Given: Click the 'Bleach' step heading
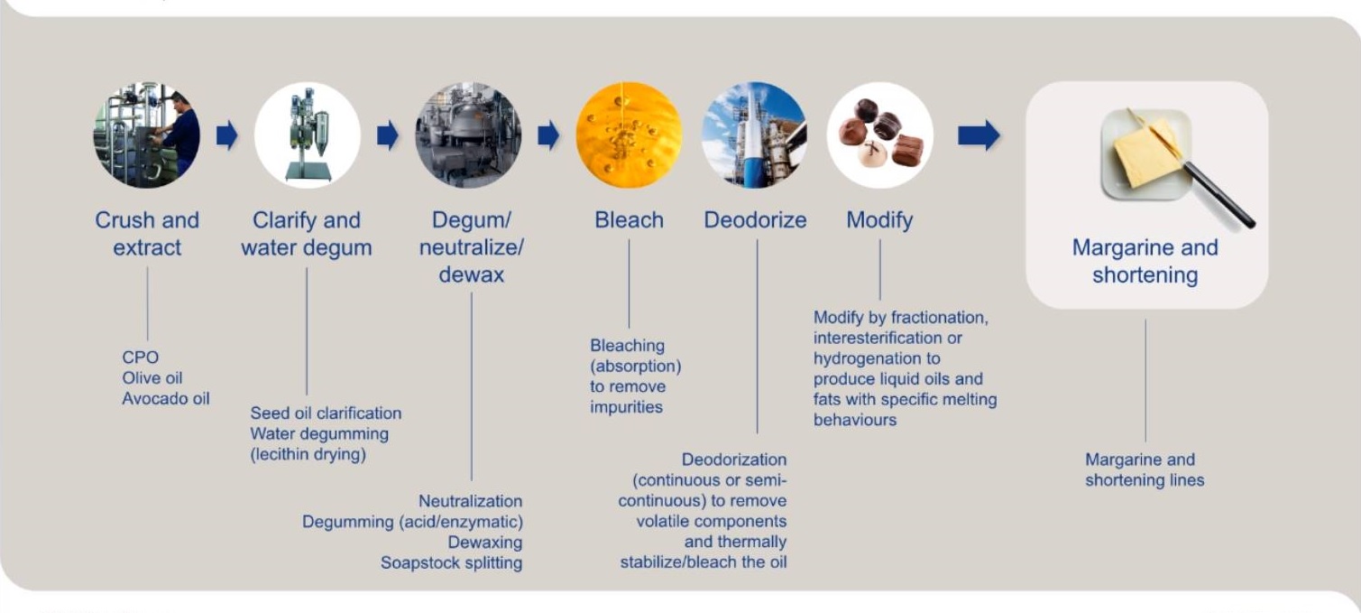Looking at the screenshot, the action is pyautogui.click(x=629, y=220).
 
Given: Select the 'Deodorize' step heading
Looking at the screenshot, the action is pyautogui.click(x=755, y=220).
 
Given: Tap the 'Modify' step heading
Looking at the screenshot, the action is pyautogui.click(x=879, y=221).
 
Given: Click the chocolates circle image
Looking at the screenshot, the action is pyautogui.click(x=879, y=135).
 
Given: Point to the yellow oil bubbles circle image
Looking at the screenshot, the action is pyautogui.click(x=629, y=135).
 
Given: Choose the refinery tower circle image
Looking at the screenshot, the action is pyautogui.click(x=755, y=135).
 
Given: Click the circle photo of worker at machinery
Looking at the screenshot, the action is pyautogui.click(x=146, y=135).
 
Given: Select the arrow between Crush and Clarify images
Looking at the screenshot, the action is pyautogui.click(x=226, y=135).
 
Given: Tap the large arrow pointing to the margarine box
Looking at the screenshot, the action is pyautogui.click(x=979, y=135).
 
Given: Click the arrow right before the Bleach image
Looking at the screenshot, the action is pyautogui.click(x=548, y=135).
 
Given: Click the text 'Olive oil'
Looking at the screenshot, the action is pyautogui.click(x=152, y=378).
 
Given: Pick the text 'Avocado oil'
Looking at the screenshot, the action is pyautogui.click(x=166, y=399).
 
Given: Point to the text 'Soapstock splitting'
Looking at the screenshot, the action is pyautogui.click(x=452, y=563).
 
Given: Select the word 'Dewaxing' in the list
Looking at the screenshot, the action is pyautogui.click(x=485, y=543).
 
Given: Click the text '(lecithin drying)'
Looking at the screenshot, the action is pyautogui.click(x=308, y=455).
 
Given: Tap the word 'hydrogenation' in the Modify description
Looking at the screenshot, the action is pyautogui.click(x=877, y=358).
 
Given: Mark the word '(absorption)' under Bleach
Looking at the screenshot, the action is pyautogui.click(x=636, y=367).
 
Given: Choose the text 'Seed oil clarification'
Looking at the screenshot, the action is pyautogui.click(x=326, y=413).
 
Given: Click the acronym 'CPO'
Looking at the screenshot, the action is pyautogui.click(x=141, y=358).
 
